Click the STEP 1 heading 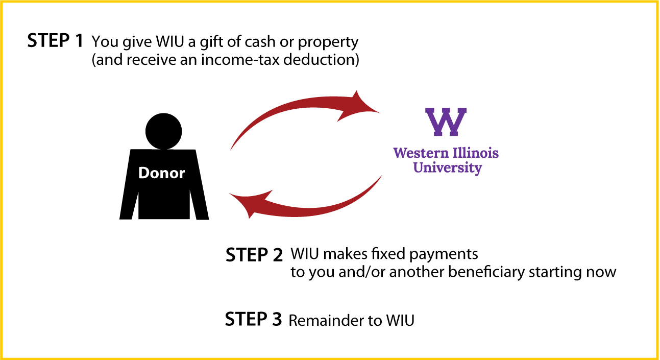coord(56,40)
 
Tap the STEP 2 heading coord(254,255)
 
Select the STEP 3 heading coord(253,319)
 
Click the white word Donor coord(161,173)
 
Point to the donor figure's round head coord(163,131)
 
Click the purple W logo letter coord(446,122)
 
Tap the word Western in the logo coord(421,153)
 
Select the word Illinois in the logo coord(476,153)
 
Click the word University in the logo coord(448,168)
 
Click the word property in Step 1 coord(328,43)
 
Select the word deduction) coord(321,60)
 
